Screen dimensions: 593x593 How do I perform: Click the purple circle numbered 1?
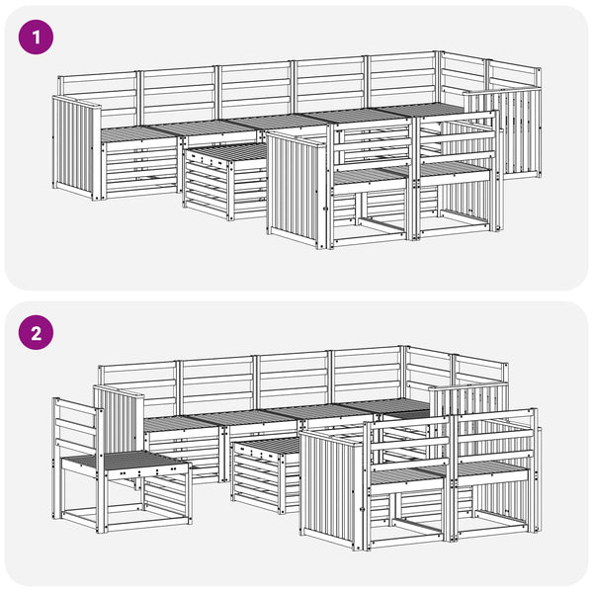[36, 38]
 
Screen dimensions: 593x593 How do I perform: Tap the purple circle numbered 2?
[36, 333]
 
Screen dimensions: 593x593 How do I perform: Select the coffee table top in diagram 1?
[227, 152]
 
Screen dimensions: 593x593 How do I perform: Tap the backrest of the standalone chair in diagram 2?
[77, 428]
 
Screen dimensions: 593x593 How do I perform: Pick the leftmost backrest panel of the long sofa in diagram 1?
[98, 97]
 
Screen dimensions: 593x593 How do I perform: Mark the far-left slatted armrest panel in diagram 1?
[75, 145]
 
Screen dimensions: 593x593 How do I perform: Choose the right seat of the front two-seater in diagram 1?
[454, 169]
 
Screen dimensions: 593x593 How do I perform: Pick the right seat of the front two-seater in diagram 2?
[491, 468]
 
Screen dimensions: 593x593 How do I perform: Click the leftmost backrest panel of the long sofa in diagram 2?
[138, 385]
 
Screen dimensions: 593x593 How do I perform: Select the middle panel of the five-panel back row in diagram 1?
[256, 90]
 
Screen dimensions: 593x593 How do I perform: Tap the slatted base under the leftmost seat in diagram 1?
[140, 168]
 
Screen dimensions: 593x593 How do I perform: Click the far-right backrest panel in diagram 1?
[514, 77]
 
